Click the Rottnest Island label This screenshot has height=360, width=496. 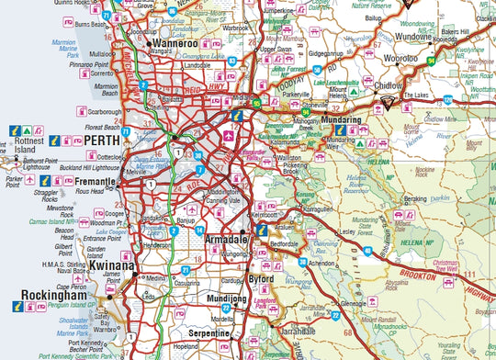click(x=22, y=149)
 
